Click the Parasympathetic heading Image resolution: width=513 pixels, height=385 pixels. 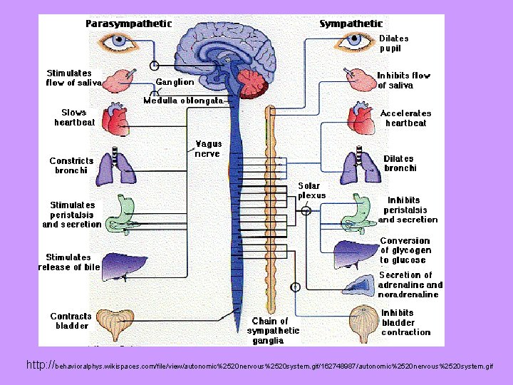tap(129, 24)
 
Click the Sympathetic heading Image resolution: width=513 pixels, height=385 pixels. tap(351, 24)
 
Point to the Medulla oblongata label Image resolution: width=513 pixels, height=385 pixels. tap(183, 101)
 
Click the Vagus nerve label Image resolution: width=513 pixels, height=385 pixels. tap(208, 148)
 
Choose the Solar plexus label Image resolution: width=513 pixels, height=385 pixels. tap(312, 190)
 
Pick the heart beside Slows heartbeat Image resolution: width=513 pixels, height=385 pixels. tap(115, 119)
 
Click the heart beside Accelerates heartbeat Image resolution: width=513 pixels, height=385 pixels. tap(361, 118)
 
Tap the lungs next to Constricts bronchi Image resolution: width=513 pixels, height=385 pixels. tap(115, 167)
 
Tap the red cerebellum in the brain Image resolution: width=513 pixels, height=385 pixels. tap(252, 83)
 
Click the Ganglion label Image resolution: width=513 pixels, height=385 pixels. tap(175, 83)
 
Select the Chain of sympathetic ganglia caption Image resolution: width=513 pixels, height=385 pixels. tap(273, 331)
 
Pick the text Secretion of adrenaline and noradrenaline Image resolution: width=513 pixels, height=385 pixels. tap(410, 284)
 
